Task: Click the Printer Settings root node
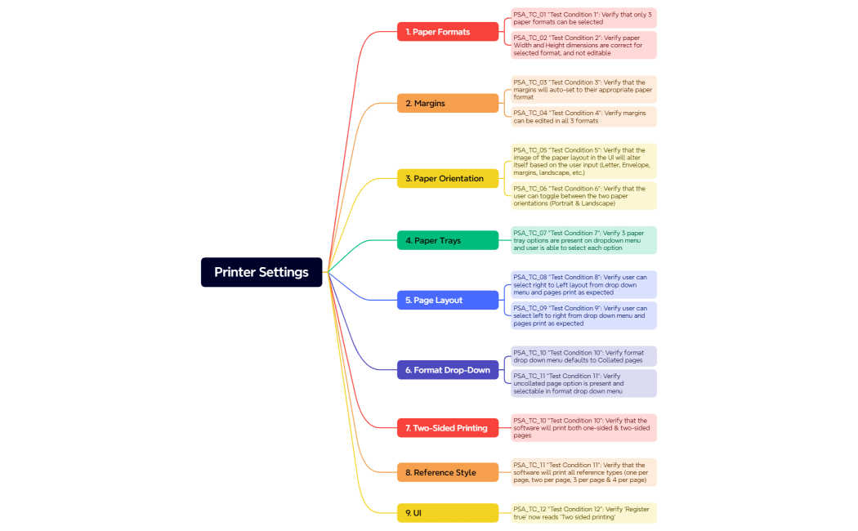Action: (x=261, y=272)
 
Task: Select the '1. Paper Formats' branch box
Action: (x=448, y=32)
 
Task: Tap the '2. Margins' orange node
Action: (x=448, y=104)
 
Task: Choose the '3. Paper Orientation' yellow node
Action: (x=448, y=179)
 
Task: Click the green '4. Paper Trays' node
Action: (x=448, y=241)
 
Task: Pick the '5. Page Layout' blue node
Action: (x=448, y=301)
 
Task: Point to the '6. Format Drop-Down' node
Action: (x=448, y=370)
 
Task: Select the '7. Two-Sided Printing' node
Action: (x=448, y=428)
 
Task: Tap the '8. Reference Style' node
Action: (x=448, y=472)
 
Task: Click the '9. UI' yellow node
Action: (x=448, y=513)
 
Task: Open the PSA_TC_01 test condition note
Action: (x=583, y=18)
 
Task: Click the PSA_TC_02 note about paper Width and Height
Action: (x=583, y=45)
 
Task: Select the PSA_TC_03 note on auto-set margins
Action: (x=583, y=89)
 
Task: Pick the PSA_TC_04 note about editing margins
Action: (x=583, y=117)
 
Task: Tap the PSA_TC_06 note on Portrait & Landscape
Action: (x=583, y=196)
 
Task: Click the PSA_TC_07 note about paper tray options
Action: (x=583, y=240)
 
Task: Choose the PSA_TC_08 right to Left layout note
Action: (x=583, y=285)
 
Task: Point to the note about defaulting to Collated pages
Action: (x=583, y=356)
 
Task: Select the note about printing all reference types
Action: (x=583, y=472)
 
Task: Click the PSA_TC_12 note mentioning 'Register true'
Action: (x=583, y=513)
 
